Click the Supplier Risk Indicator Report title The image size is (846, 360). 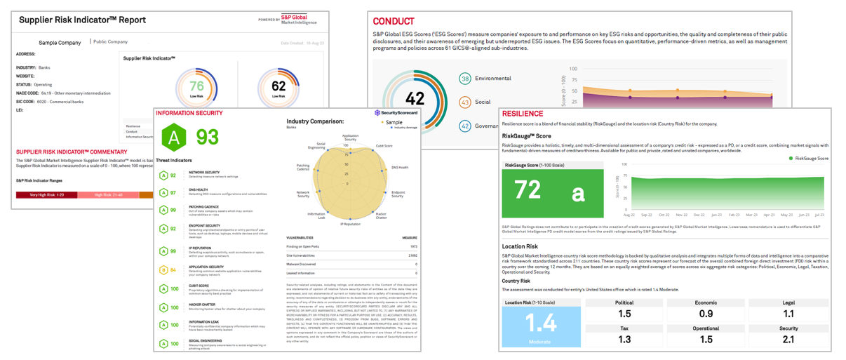point(83,20)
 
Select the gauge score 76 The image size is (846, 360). point(197,87)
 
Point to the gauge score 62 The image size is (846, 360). point(278,87)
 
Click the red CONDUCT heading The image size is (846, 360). point(394,22)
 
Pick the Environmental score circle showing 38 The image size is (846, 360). point(465,79)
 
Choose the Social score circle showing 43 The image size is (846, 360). point(465,102)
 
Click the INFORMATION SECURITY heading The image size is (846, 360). point(189,113)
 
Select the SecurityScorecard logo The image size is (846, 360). point(397,113)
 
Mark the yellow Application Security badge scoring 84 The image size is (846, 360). point(164,269)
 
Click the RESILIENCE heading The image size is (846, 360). point(523,114)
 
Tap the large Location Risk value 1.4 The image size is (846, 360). point(541,323)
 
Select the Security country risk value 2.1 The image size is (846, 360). point(788,340)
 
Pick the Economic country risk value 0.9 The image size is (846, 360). point(706,314)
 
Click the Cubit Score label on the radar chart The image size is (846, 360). point(384,146)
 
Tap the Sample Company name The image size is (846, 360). point(60,42)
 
